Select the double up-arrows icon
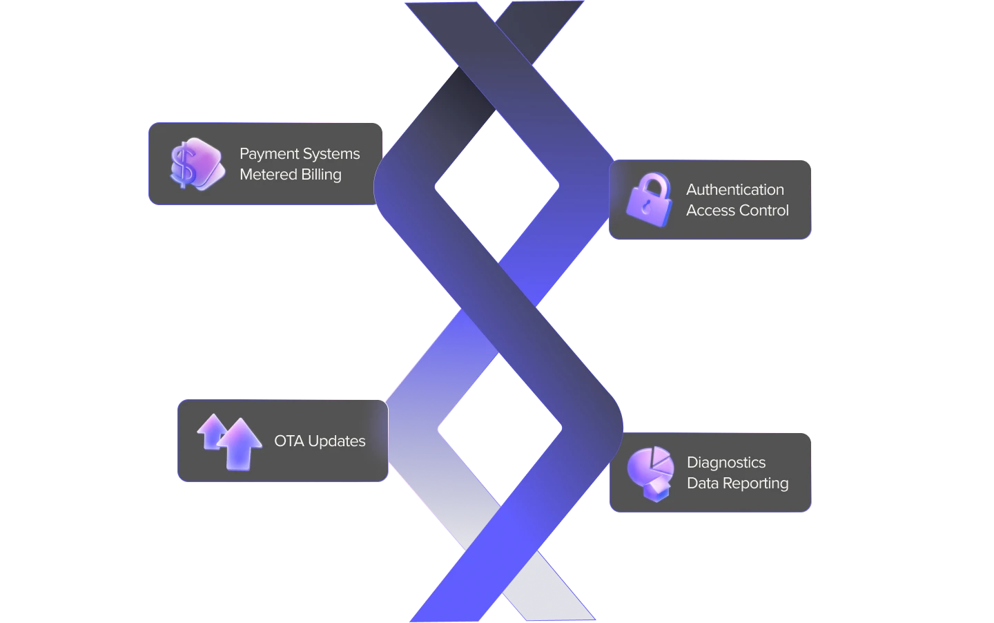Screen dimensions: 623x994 [229, 441]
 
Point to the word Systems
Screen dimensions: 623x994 [333, 154]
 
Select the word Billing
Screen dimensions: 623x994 [321, 174]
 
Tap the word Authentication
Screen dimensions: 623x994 [734, 189]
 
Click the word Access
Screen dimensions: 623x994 [709, 210]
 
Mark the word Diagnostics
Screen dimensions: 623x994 [725, 462]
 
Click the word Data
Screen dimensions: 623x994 [703, 483]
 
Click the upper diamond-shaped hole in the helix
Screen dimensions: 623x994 [496, 186]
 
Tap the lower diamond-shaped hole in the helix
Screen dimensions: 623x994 [500, 428]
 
